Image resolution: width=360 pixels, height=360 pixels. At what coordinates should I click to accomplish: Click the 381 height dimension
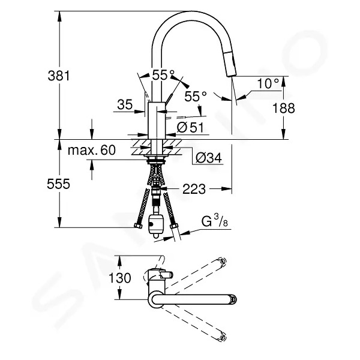58,76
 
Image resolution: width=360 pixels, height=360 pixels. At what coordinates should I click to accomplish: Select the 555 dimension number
58,184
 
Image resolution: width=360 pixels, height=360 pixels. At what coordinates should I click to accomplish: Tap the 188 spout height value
283,108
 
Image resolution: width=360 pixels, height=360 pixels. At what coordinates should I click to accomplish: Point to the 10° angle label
268,83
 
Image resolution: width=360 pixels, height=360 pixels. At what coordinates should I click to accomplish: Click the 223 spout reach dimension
194,189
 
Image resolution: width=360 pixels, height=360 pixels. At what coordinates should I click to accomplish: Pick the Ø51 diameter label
190,127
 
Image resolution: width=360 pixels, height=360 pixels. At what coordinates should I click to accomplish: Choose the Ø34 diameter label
209,158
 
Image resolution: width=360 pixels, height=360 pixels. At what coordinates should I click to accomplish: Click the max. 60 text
92,150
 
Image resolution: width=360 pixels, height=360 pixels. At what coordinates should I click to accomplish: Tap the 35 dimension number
125,104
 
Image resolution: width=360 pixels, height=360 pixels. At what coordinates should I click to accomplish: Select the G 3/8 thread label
214,221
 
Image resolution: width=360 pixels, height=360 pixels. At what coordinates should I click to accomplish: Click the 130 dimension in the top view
120,278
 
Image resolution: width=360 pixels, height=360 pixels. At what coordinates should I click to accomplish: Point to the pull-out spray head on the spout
230,64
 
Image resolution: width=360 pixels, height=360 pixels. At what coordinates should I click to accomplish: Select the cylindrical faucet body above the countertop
157,121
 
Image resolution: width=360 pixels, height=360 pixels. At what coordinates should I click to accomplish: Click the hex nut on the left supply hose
138,226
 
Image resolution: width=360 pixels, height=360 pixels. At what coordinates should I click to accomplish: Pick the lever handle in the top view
166,274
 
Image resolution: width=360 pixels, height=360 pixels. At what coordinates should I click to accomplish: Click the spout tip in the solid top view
233,299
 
